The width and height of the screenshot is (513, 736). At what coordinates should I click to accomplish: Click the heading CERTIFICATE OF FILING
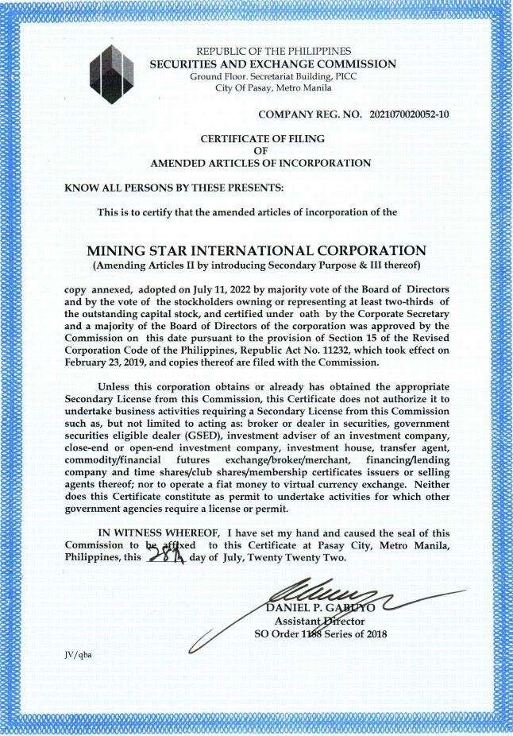click(x=261, y=138)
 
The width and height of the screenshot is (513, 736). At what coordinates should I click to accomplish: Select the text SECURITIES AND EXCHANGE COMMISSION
click(x=272, y=64)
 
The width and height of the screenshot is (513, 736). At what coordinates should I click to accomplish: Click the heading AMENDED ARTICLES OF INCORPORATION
click(x=260, y=163)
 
